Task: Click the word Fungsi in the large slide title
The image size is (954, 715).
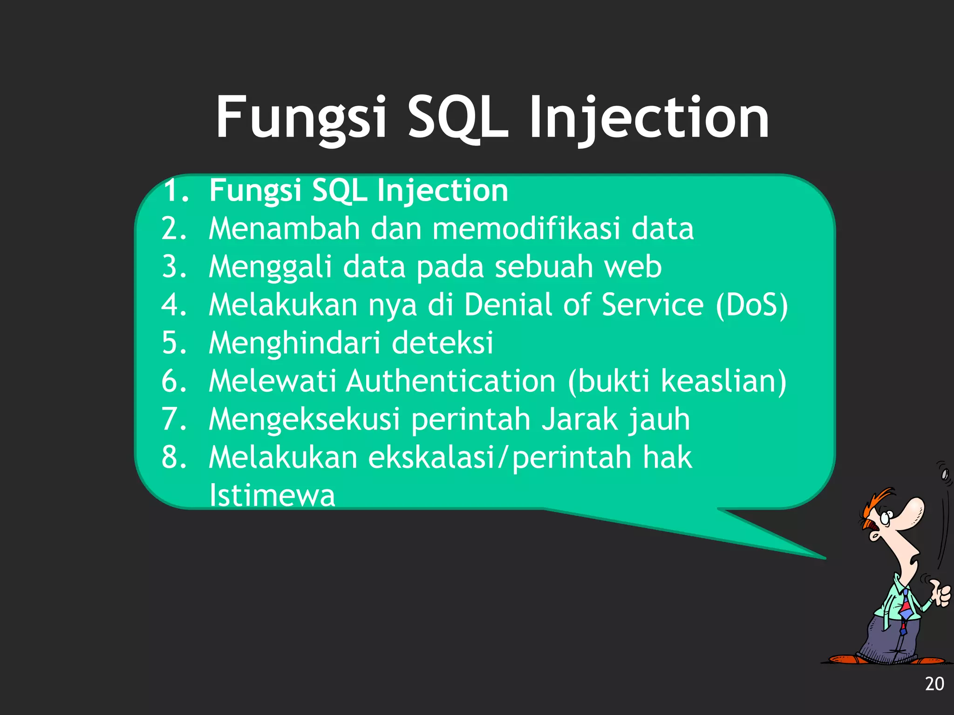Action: tap(301, 117)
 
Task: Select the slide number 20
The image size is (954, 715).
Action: tap(934, 684)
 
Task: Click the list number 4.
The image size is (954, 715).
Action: tap(174, 305)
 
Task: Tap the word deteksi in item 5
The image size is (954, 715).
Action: tap(442, 343)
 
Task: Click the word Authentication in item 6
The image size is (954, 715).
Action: tap(450, 381)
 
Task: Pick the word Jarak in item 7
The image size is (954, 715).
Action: tap(579, 419)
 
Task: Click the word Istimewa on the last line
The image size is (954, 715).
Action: tap(272, 495)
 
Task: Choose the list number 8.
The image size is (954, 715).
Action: tap(174, 457)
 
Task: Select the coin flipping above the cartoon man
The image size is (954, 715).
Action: tap(945, 474)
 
